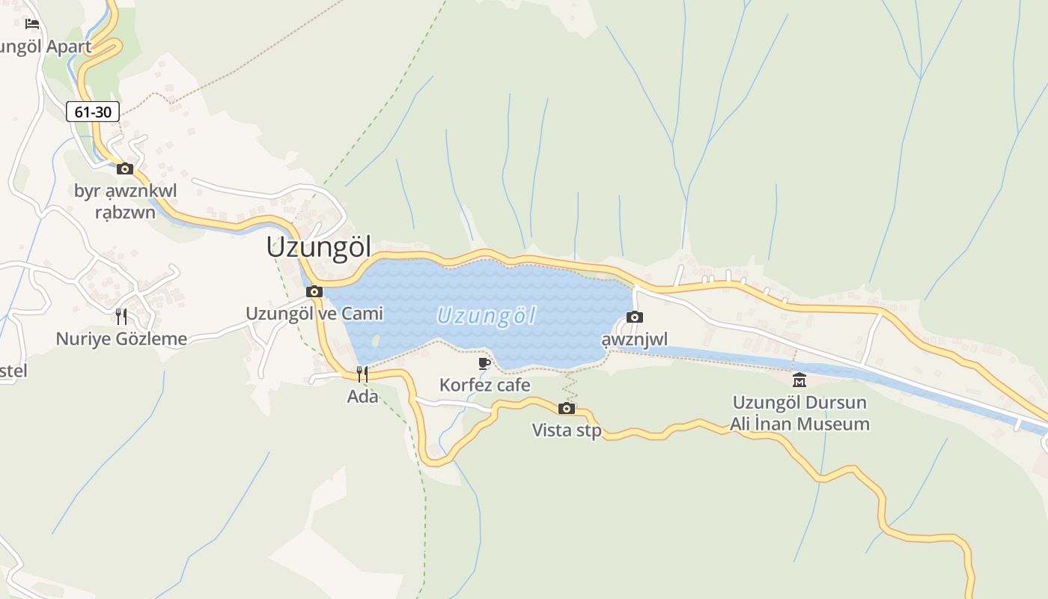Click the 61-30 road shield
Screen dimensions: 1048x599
pyautogui.click(x=93, y=112)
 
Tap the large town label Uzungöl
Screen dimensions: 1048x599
pyautogui.click(x=319, y=247)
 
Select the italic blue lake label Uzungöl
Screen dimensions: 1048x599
pyautogui.click(x=487, y=316)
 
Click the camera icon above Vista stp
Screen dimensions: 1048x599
pyautogui.click(x=567, y=408)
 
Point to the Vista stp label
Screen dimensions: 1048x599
pyautogui.click(x=567, y=430)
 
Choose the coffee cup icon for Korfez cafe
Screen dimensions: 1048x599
pyautogui.click(x=484, y=364)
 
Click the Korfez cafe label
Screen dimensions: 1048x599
pyautogui.click(x=484, y=385)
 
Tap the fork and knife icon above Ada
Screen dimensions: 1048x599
pyautogui.click(x=362, y=374)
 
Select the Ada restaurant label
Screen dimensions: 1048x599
pyautogui.click(x=362, y=396)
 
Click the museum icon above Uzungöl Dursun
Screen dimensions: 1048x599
pyautogui.click(x=799, y=380)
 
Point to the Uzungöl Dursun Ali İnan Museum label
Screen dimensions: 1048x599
pyautogui.click(x=799, y=413)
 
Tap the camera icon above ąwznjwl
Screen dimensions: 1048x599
pyautogui.click(x=635, y=317)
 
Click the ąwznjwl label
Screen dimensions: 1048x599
pyautogui.click(x=635, y=340)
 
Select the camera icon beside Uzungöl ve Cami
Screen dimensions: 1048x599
pyautogui.click(x=314, y=292)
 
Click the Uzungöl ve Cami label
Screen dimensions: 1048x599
pyautogui.click(x=314, y=313)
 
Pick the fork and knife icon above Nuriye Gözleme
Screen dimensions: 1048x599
pyautogui.click(x=121, y=317)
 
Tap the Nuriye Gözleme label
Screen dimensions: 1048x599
pyautogui.click(x=121, y=339)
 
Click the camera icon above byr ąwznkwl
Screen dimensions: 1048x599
pyautogui.click(x=125, y=168)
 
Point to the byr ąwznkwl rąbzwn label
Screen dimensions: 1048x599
pyautogui.click(x=126, y=201)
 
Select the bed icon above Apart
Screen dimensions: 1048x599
pyautogui.click(x=32, y=24)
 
